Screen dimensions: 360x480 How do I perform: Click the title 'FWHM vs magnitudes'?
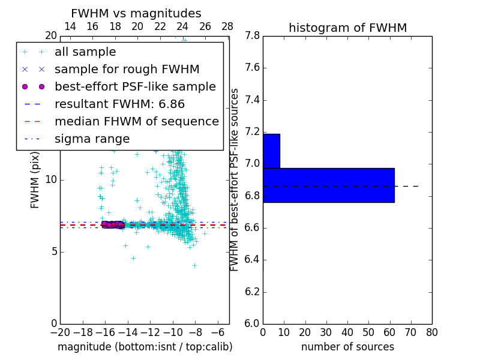[x=136, y=13]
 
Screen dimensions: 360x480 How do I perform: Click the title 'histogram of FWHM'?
[x=347, y=28]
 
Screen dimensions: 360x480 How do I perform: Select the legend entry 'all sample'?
[x=85, y=52]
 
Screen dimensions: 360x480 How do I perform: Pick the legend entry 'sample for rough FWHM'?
[x=127, y=70]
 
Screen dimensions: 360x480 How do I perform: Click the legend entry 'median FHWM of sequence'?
[x=136, y=122]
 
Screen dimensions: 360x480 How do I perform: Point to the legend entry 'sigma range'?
[x=92, y=139]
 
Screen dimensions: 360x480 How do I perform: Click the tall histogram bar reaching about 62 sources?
[x=328, y=185]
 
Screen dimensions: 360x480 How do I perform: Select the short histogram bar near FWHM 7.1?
[x=271, y=151]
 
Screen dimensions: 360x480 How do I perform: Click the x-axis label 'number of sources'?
[x=347, y=347]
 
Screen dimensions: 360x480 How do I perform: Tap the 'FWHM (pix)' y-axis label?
[x=35, y=180]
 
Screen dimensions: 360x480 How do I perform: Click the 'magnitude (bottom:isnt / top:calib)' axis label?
[x=145, y=347]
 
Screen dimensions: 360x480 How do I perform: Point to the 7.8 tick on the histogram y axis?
[x=251, y=36]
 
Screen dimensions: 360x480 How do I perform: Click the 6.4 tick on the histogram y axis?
[x=251, y=260]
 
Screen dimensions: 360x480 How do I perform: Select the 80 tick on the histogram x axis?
[x=432, y=332]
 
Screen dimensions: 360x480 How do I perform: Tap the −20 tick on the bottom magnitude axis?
[x=60, y=332]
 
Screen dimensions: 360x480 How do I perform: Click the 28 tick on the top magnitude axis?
[x=227, y=26]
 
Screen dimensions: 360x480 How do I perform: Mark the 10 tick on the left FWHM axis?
[x=51, y=180]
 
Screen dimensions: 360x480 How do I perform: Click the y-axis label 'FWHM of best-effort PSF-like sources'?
[x=235, y=180]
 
